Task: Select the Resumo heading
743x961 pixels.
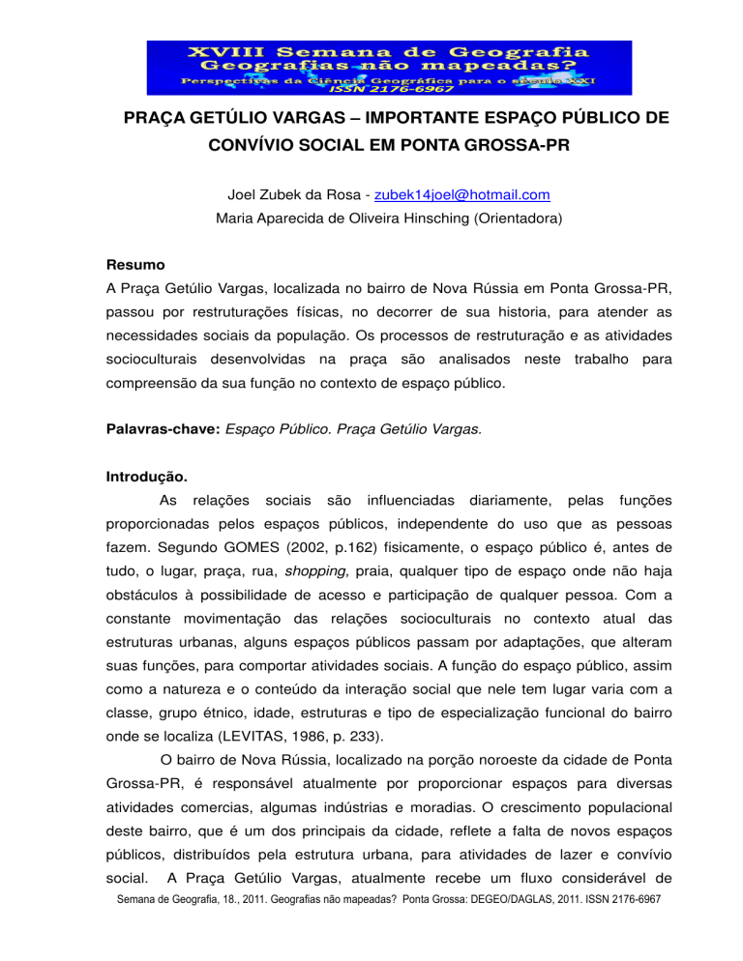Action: (x=134, y=264)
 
